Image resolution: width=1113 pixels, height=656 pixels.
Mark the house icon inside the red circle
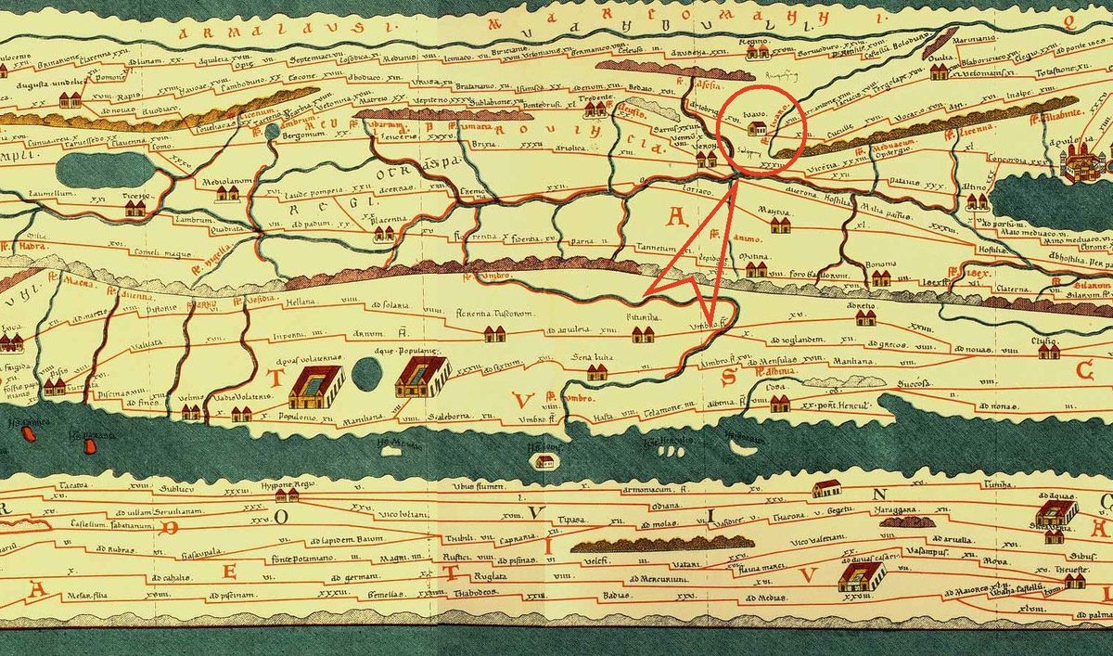tap(756, 131)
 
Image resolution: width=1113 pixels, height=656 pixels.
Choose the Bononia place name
tap(881, 264)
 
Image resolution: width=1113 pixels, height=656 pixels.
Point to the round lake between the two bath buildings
tap(368, 375)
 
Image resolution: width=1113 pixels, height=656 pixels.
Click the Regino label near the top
tap(751, 44)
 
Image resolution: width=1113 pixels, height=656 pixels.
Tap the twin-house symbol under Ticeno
tap(135, 208)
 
